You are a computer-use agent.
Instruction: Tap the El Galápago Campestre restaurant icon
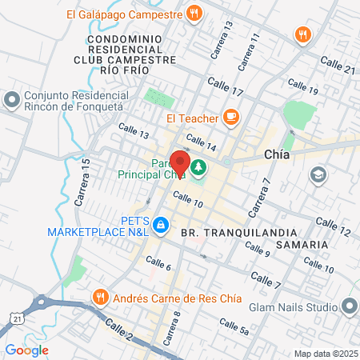point(194,13)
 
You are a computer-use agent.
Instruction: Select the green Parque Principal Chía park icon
point(198,168)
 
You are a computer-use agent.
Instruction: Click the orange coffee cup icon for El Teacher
point(230,118)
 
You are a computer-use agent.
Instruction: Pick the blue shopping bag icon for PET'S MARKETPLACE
point(161,226)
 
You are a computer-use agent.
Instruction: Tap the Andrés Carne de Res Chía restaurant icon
point(101,297)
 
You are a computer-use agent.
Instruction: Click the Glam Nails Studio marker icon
point(350,306)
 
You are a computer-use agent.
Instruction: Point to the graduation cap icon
point(318,174)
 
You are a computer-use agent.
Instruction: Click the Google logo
point(27,350)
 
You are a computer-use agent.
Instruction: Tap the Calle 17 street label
point(224,86)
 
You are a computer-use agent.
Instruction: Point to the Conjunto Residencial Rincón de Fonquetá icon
point(11,101)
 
